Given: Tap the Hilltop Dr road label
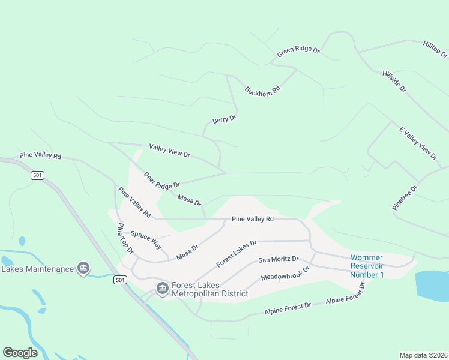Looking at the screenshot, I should point(435,49).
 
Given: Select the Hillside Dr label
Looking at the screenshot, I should point(394,81).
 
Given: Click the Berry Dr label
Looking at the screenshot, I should point(224,120).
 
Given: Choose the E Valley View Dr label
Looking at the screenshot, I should point(418,143).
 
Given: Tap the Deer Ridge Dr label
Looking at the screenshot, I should point(161,180).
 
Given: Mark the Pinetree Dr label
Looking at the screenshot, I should point(405,197).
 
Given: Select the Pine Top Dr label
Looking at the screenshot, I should point(125,239).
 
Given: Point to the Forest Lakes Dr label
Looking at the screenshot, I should point(237,253).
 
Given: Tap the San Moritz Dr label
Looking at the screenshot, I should point(279,260).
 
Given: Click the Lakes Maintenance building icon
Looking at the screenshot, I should point(83,268).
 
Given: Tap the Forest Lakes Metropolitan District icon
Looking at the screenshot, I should point(162,289).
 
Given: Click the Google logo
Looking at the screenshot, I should point(20,352).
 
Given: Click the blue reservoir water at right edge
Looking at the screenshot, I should point(433,285).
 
